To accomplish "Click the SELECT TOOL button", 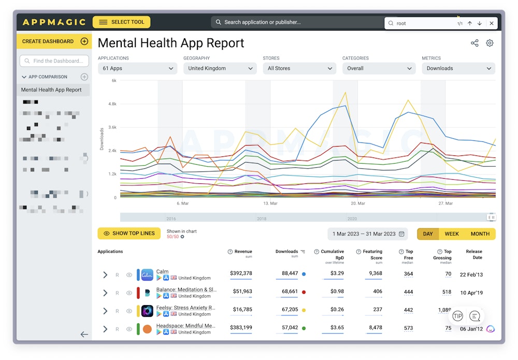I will (x=121, y=22).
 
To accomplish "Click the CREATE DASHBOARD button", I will (x=54, y=41).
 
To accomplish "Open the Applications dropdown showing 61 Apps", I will (x=138, y=68).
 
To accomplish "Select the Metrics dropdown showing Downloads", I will (x=458, y=68).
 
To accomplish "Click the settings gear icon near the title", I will (x=490, y=43).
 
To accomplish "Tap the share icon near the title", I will (x=474, y=43).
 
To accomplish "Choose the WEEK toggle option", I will (x=452, y=234).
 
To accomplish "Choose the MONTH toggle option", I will (x=480, y=234).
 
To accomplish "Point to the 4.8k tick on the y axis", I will (x=111, y=104).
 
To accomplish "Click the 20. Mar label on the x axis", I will (x=357, y=204).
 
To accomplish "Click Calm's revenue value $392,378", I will (x=241, y=273).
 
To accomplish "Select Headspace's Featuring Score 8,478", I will (x=373, y=327).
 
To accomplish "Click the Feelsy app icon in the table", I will (x=147, y=311).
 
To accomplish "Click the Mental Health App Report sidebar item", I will (x=51, y=90).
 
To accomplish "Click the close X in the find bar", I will (x=492, y=23).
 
